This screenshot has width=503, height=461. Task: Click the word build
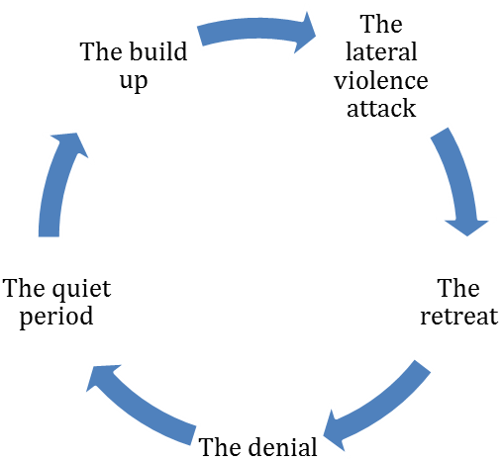[158, 51]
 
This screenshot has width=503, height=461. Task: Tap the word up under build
[134, 81]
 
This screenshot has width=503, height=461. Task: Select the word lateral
[381, 51]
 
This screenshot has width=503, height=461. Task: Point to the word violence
[381, 80]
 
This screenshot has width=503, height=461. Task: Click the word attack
[381, 108]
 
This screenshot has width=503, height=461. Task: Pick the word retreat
[459, 317]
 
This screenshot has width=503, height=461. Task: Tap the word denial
[282, 447]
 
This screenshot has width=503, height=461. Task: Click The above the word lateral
[381, 24]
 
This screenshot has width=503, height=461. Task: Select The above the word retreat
[458, 288]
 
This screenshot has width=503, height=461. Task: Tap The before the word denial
[220, 447]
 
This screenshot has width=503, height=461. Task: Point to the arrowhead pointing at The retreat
[466, 228]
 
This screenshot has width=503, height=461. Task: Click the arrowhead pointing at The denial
[334, 431]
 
